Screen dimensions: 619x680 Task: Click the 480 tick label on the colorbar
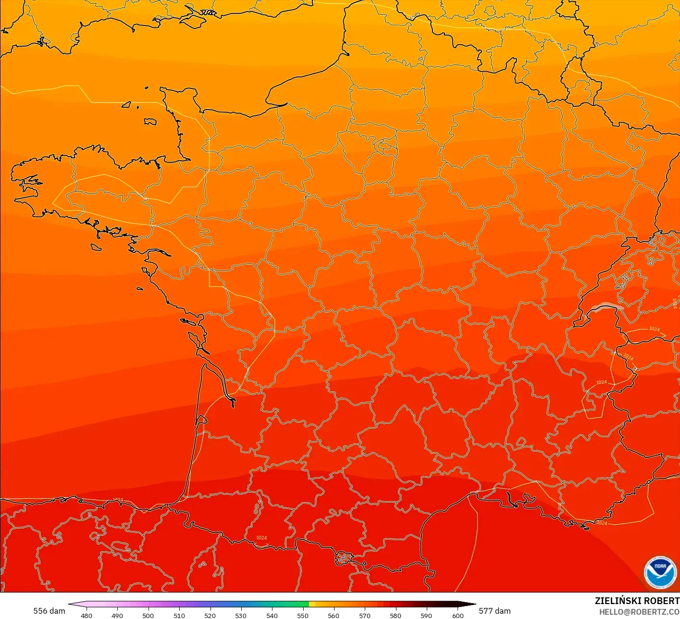87,615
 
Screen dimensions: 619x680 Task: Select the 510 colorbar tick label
179,615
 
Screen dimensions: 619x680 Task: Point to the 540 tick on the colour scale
272,615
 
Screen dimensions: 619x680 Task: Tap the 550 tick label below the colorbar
303,615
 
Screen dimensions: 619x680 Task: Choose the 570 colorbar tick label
365,615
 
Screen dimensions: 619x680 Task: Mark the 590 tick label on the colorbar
426,615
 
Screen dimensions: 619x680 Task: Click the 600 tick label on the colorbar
458,615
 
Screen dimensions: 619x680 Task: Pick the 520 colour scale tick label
210,615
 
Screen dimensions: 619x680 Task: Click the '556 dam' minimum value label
49,611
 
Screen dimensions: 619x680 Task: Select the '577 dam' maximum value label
495,611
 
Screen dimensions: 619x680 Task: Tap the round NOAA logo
660,573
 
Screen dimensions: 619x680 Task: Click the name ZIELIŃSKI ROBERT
637,601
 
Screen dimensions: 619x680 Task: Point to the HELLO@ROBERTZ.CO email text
639,612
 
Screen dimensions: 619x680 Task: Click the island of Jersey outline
150,122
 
